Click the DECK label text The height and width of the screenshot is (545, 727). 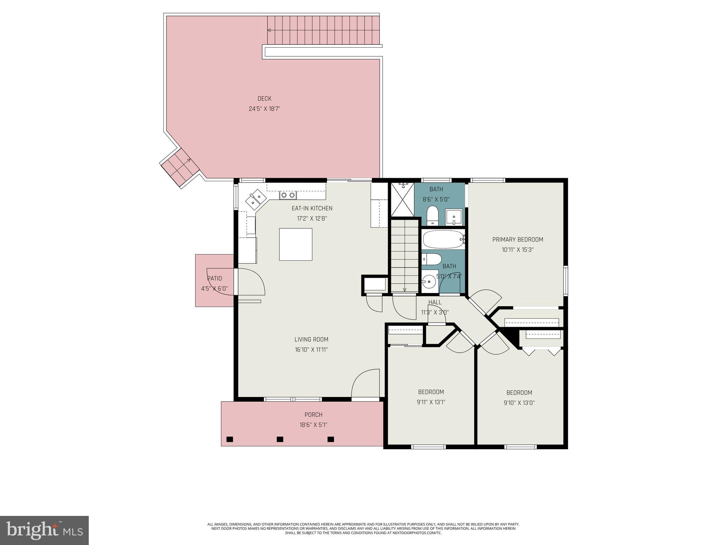264,99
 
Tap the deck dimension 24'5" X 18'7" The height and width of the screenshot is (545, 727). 264,109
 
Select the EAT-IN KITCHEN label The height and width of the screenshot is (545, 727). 312,208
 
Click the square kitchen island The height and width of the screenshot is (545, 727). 296,244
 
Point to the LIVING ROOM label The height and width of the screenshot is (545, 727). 311,340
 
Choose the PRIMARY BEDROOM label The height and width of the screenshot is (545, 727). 518,240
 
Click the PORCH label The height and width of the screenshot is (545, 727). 313,414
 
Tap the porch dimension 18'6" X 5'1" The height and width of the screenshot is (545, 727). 313,425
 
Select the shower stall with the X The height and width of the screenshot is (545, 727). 403,199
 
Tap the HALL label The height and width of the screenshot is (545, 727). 435,302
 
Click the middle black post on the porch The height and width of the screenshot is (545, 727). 280,439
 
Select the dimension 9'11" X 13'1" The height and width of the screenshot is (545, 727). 431,402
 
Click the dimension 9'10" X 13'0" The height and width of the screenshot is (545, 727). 519,403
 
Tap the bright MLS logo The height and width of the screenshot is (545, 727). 44,530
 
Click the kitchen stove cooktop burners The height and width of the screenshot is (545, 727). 288,195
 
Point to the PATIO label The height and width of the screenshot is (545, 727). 215,279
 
